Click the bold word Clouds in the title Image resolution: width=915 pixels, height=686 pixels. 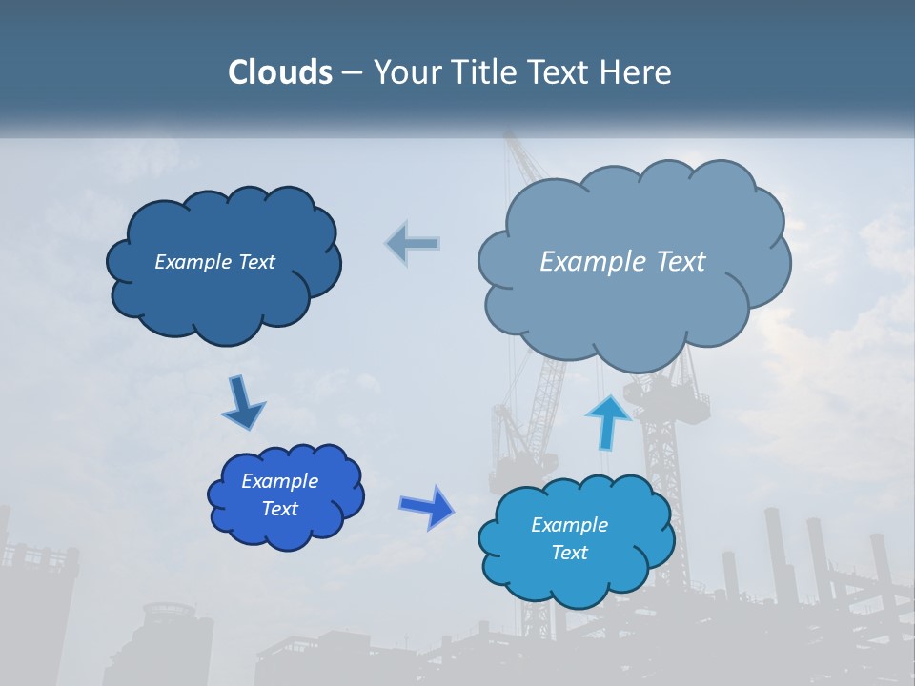pyautogui.click(x=279, y=72)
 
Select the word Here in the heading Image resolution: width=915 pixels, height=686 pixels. pyautogui.click(x=637, y=72)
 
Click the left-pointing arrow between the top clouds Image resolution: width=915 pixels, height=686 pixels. pyautogui.click(x=413, y=243)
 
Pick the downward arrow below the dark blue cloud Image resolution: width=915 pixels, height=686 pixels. pyautogui.click(x=242, y=403)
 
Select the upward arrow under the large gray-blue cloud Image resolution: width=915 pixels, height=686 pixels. pyautogui.click(x=607, y=420)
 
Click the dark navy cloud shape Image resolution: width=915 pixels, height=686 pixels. pyautogui.click(x=224, y=295)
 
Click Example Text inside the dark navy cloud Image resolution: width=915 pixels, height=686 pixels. pyautogui.click(x=214, y=262)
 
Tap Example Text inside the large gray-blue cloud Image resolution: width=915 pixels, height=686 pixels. pyautogui.click(x=622, y=262)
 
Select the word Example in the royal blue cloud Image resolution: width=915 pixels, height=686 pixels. pyautogui.click(x=279, y=481)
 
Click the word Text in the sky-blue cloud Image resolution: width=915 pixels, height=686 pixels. pyautogui.click(x=569, y=553)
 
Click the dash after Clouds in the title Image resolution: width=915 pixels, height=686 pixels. pyautogui.click(x=351, y=72)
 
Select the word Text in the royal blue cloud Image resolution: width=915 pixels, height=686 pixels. pyautogui.click(x=279, y=509)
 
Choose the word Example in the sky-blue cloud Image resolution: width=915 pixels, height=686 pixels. pyautogui.click(x=569, y=525)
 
